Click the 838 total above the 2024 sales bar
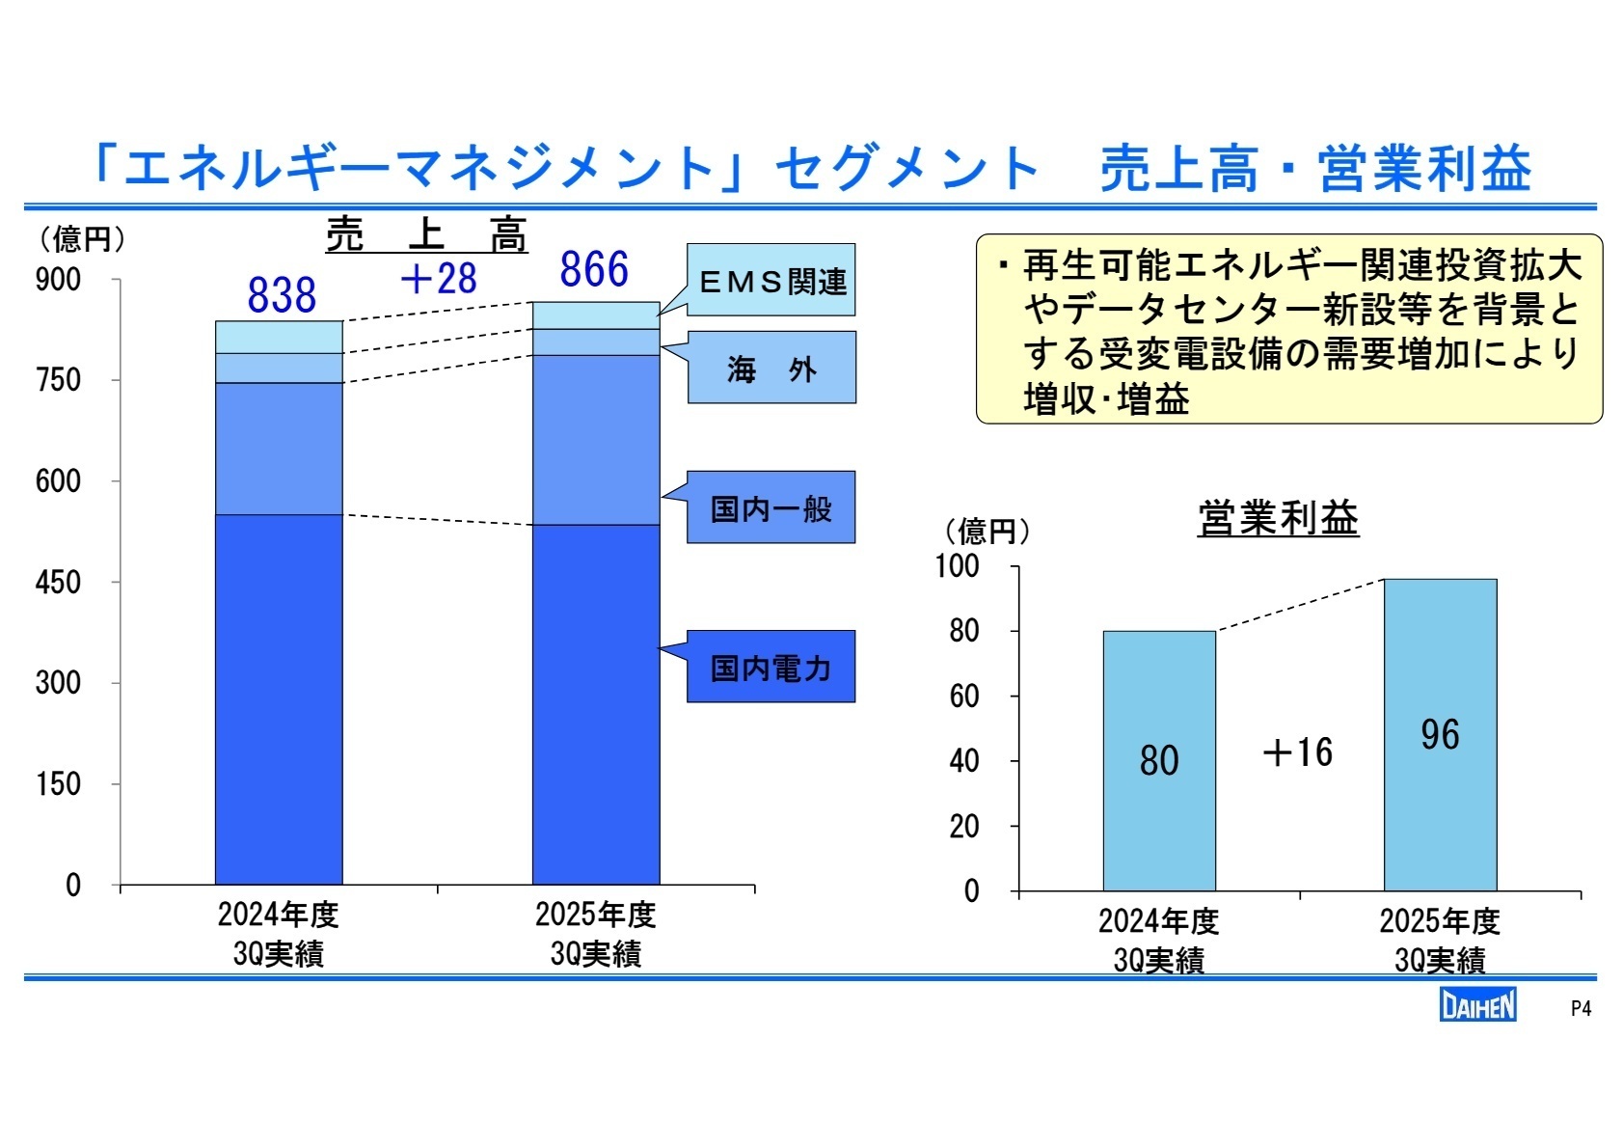point(282,295)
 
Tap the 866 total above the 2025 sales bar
point(594,269)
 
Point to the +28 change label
point(439,280)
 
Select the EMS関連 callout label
point(771,281)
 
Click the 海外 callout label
point(771,369)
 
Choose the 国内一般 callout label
point(771,508)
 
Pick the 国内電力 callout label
point(771,668)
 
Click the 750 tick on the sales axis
point(58,380)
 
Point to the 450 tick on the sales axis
point(58,583)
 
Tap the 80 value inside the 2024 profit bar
point(1159,760)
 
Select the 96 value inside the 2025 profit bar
point(1440,735)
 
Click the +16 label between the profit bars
point(1298,752)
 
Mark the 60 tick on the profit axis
point(964,697)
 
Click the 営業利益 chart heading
point(1278,519)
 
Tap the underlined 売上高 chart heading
point(426,234)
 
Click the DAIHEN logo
point(1477,1006)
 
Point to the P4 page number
point(1581,1009)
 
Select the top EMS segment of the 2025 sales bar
point(596,315)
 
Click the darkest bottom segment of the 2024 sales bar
point(279,698)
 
